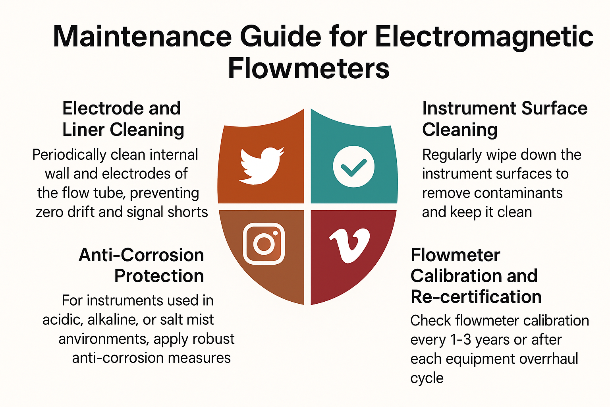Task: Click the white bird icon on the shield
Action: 261,166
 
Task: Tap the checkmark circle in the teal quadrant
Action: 353,166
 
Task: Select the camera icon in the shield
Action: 264,243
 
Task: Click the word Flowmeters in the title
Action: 309,68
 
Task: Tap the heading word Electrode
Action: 103,108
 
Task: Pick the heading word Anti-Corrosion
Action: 141,255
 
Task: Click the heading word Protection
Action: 159,276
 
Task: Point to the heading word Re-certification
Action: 476,297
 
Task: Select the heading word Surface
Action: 554,108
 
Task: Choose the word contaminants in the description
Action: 518,193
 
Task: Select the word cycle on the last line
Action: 427,378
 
